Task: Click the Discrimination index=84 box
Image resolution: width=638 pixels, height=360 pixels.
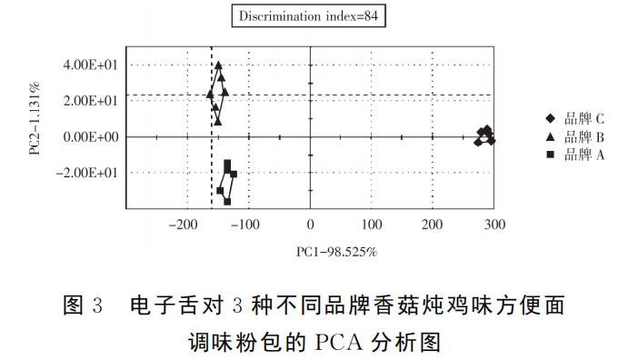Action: point(307,16)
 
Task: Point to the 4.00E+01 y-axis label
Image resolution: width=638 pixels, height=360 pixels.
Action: point(91,65)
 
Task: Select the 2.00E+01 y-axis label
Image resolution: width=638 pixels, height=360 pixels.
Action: point(91,101)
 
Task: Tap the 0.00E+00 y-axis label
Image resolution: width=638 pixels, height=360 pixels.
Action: point(91,137)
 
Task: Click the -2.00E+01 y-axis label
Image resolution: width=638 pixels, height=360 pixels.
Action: point(88,173)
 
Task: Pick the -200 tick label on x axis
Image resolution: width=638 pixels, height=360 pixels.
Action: point(184,225)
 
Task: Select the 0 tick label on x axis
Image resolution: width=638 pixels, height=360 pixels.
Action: point(310,225)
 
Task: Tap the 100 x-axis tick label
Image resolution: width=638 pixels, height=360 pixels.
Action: point(371,225)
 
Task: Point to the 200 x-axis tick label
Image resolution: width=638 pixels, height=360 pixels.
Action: point(433,225)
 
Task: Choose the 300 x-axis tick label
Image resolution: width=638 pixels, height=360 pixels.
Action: point(494,225)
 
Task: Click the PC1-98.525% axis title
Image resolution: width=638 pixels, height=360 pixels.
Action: point(336,251)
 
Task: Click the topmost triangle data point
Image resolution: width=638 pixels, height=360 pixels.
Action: point(218,65)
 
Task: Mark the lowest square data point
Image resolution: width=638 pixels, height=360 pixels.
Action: point(227,201)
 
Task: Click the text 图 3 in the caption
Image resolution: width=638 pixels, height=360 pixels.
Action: point(84,305)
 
